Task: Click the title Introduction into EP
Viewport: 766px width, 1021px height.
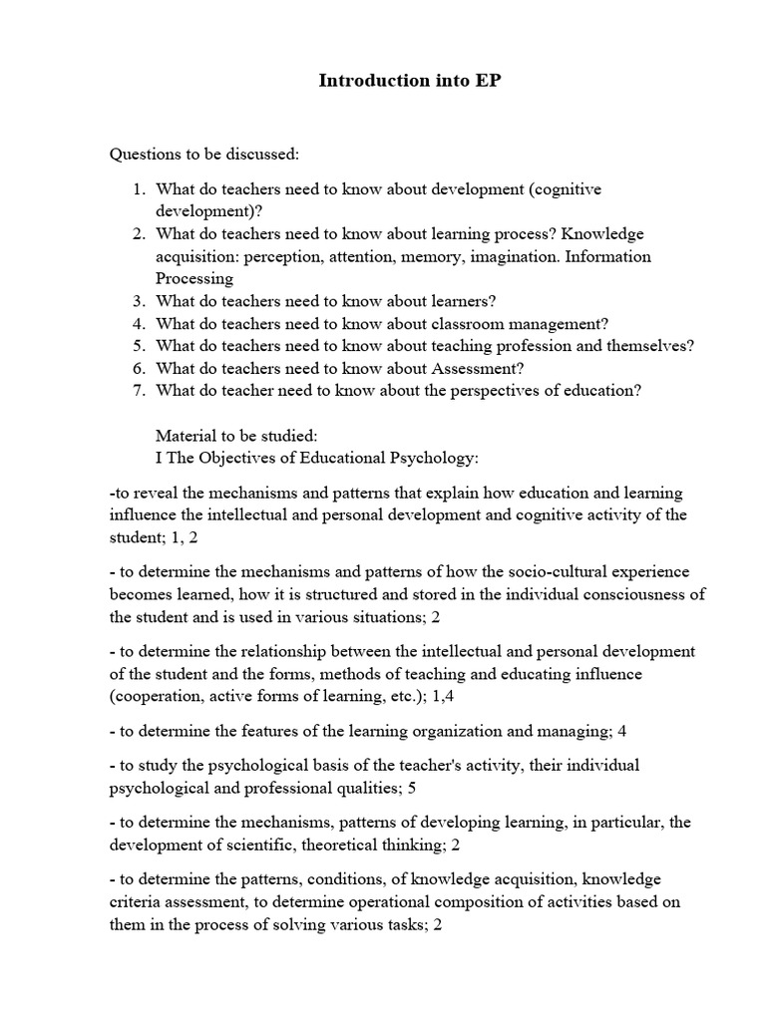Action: [409, 82]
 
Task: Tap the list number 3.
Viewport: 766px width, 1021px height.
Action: [139, 301]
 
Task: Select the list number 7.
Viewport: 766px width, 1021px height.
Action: [139, 390]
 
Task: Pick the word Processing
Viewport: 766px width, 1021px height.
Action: [194, 278]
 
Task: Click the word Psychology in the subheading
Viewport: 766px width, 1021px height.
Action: [438, 458]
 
